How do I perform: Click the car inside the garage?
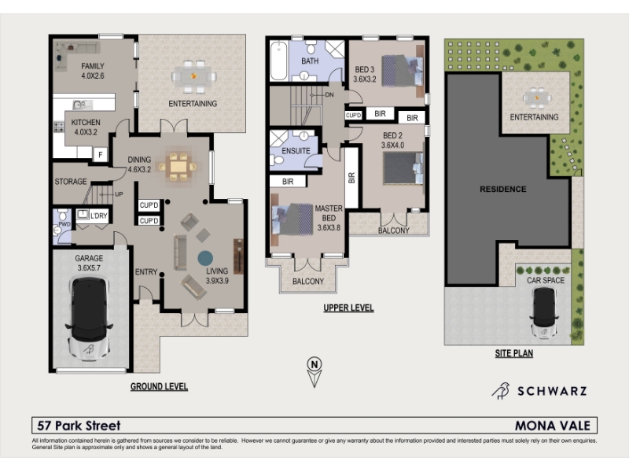(89, 318)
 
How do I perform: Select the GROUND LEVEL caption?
(160, 386)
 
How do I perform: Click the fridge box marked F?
(101, 154)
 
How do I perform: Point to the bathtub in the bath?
(278, 61)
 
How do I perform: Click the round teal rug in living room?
(205, 258)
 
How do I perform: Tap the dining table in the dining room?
(178, 166)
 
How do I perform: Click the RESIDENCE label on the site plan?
(503, 189)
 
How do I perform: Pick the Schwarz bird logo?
(501, 390)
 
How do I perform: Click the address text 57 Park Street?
(79, 426)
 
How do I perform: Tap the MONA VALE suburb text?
(553, 426)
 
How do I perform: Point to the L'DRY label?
(99, 216)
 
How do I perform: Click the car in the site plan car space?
(544, 312)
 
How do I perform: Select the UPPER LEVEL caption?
(348, 308)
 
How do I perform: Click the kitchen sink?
(83, 105)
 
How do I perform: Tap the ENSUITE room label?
(296, 151)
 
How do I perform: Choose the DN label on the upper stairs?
(329, 95)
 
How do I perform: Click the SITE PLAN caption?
(514, 353)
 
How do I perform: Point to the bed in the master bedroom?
(292, 219)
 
